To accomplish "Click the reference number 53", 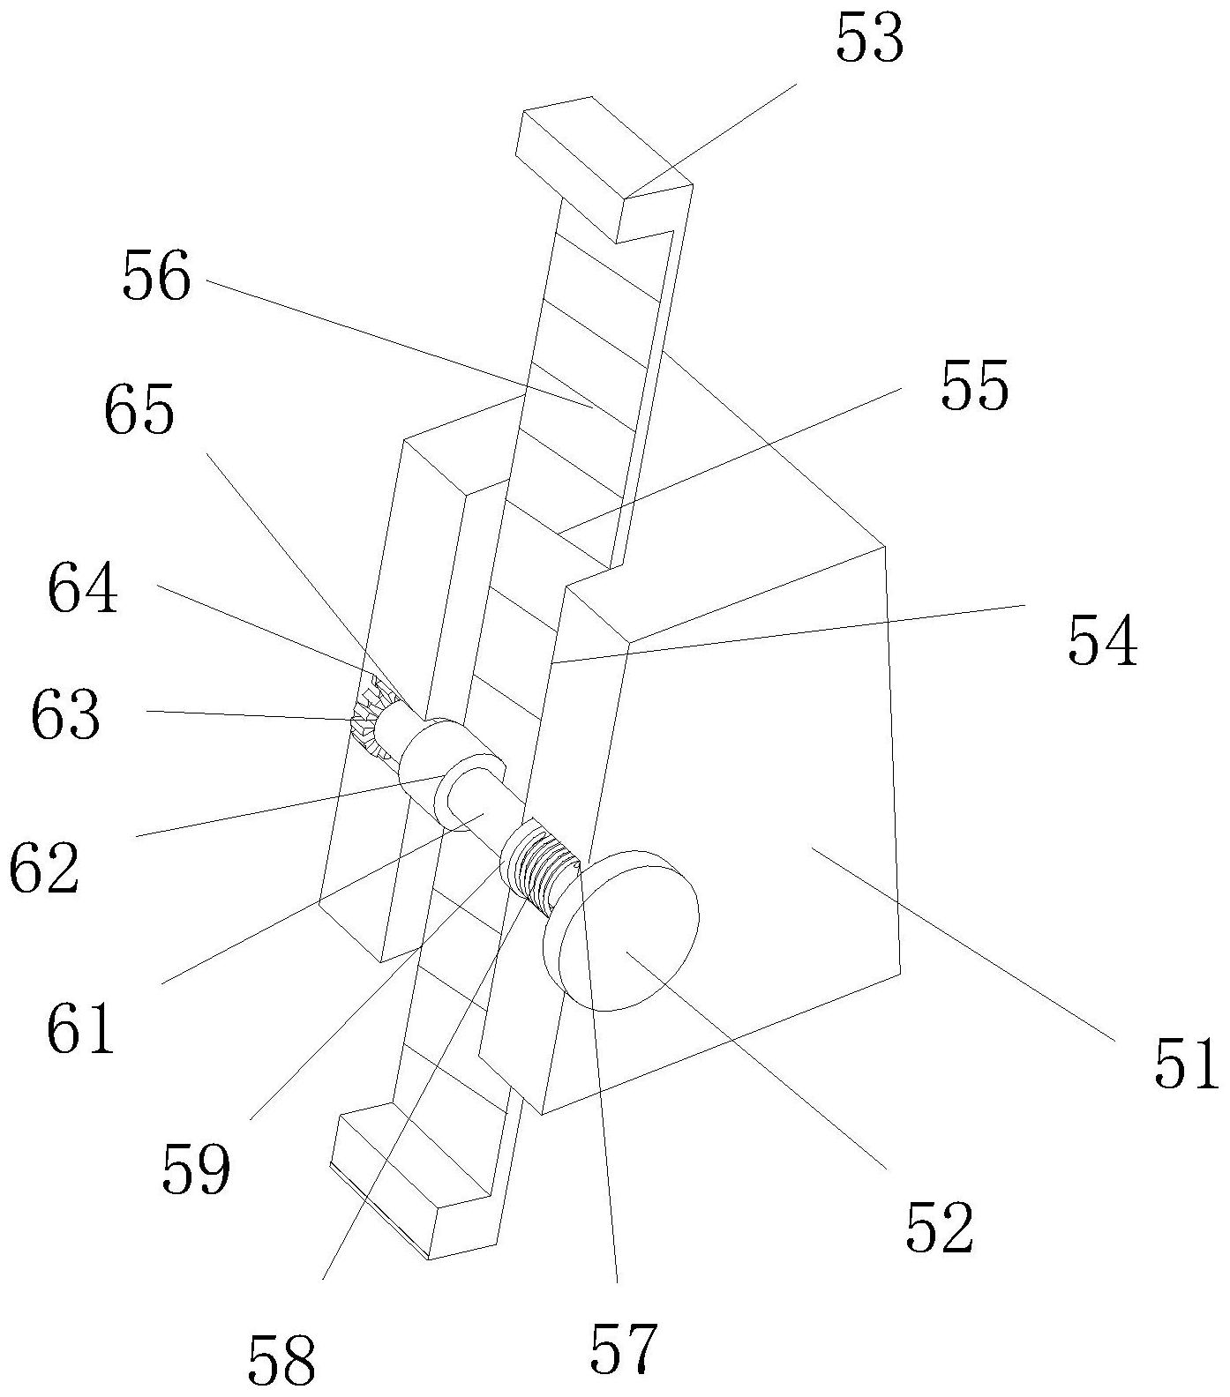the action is [870, 41].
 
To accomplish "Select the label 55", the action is [974, 386].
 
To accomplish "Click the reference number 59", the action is [196, 1169].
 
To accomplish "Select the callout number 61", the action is [81, 1028].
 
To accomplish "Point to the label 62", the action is [44, 870].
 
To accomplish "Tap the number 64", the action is [83, 589].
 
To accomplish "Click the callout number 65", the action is [139, 411].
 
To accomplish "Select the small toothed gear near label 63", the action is [374, 720].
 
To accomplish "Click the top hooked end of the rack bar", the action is [607, 169].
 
